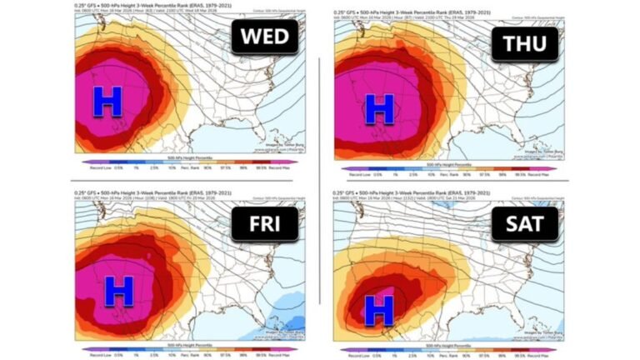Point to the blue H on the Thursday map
pyautogui.click(x=380, y=109)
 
